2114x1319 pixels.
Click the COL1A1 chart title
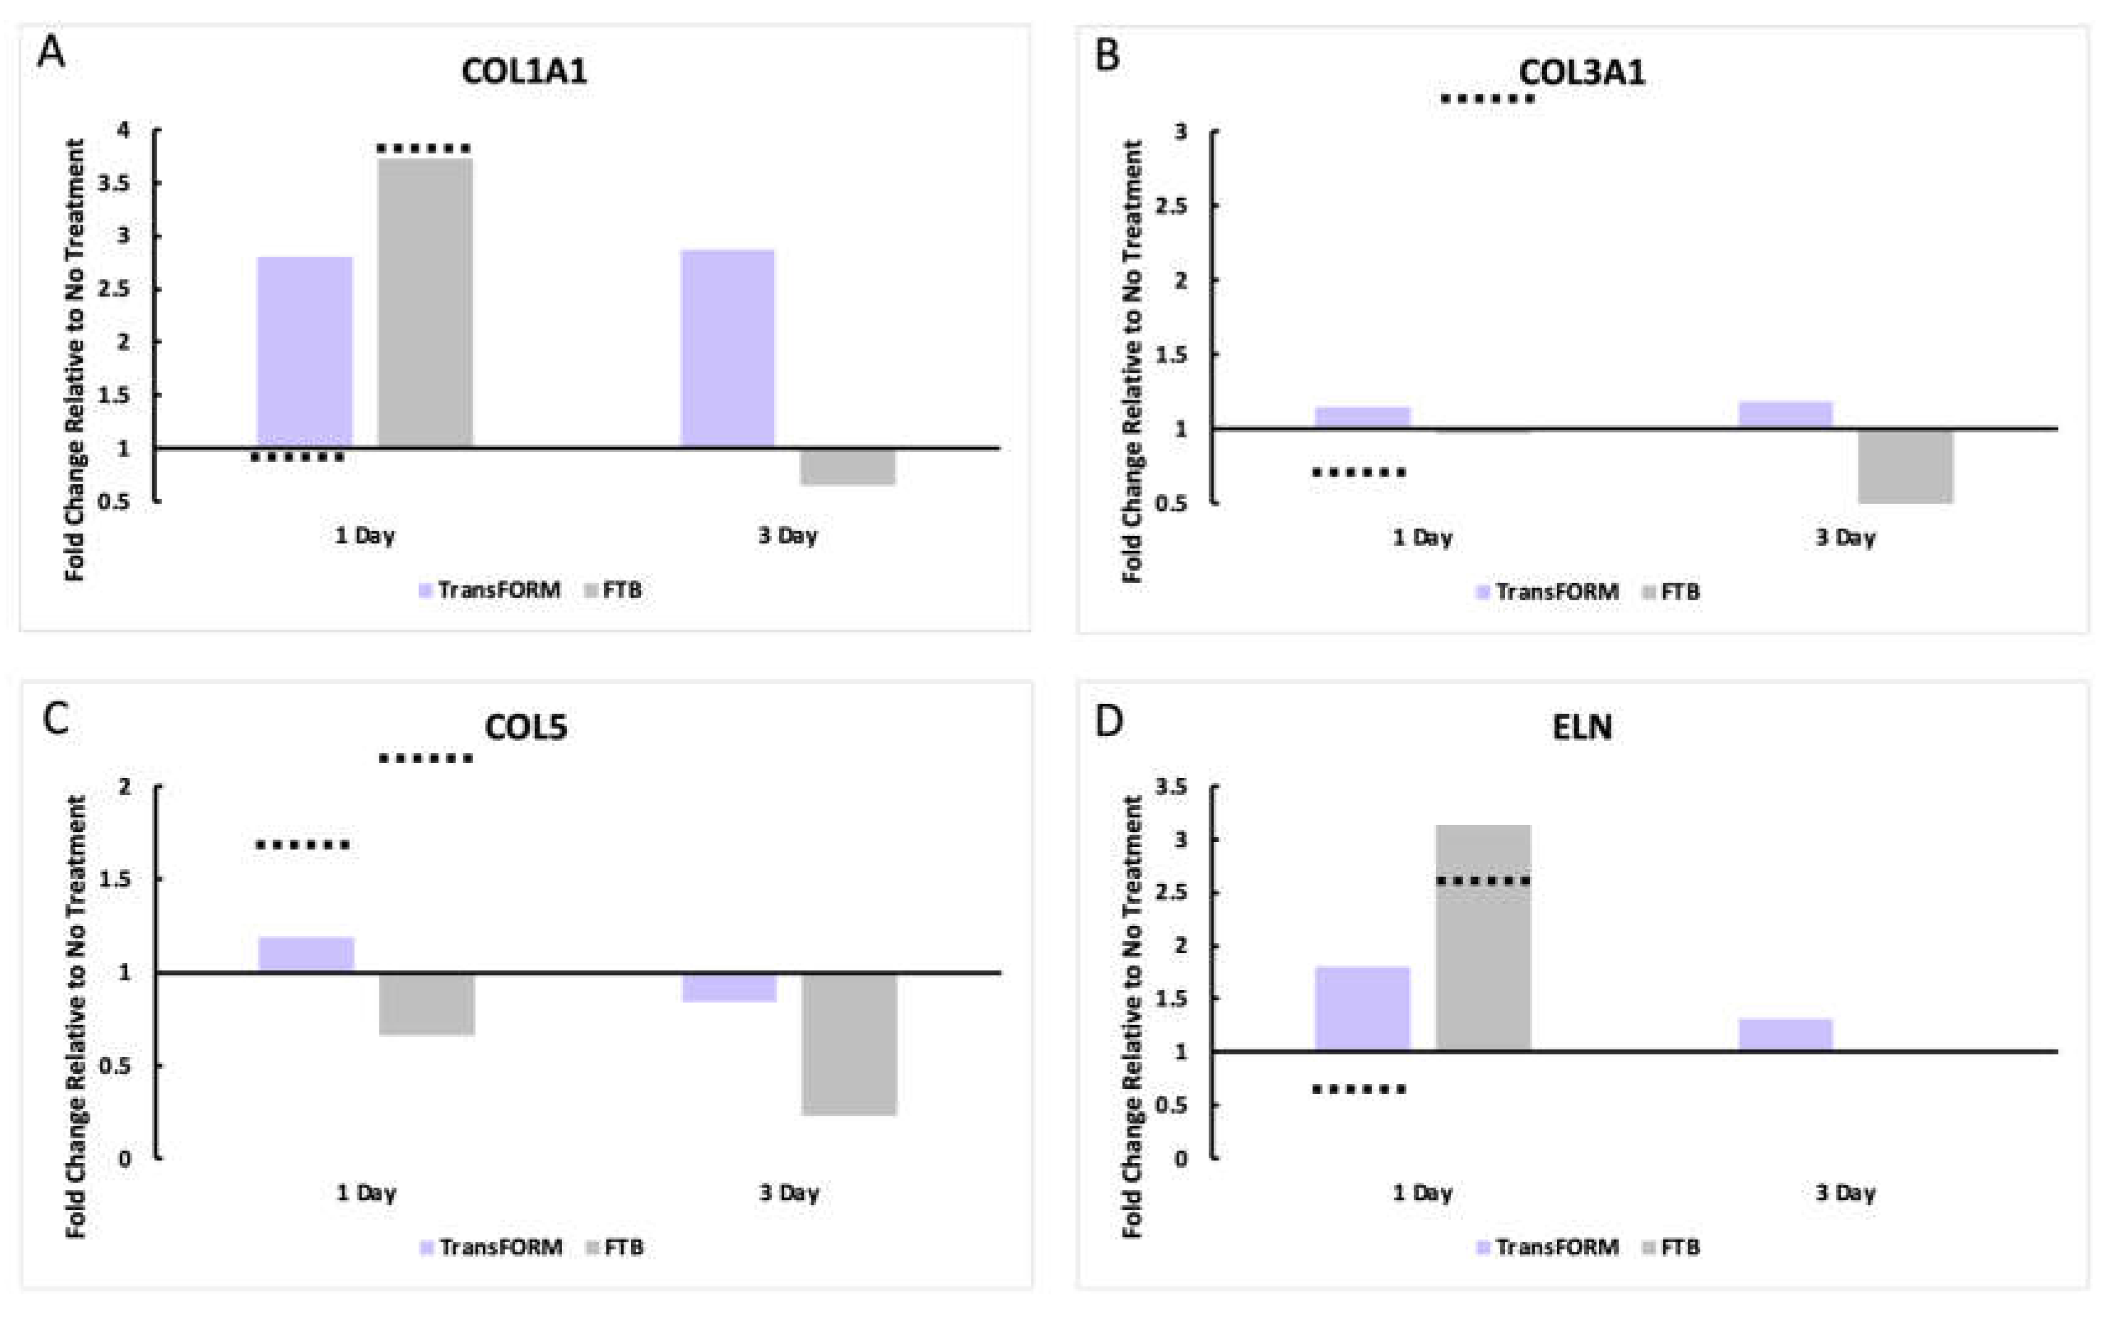524,71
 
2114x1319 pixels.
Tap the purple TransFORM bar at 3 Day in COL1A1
727,349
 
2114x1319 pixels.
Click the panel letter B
1107,56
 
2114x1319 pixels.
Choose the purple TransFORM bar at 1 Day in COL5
306,954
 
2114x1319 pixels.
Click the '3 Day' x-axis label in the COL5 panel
788,1193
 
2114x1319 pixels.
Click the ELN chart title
1582,727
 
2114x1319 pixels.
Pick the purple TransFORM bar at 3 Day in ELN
1785,1035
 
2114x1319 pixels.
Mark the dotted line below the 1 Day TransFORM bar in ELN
1360,1089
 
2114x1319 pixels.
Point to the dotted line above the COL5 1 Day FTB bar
426,759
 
